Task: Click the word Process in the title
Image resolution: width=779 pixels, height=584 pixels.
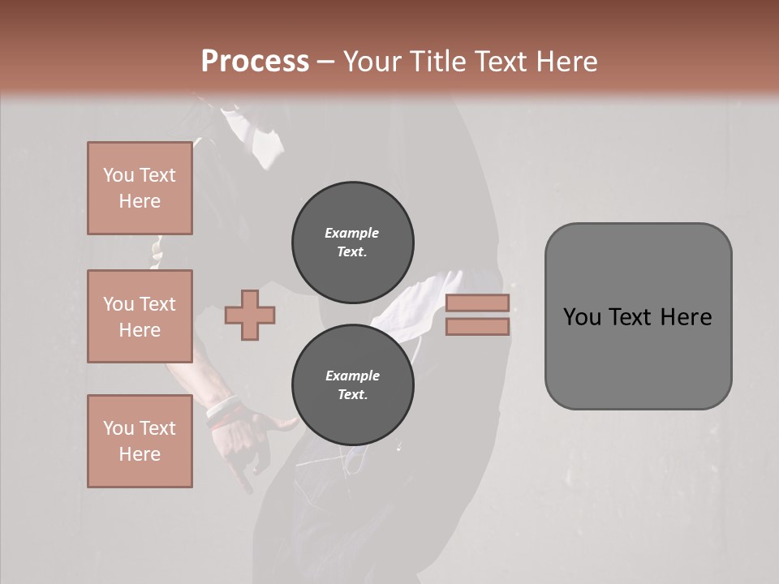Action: (x=255, y=62)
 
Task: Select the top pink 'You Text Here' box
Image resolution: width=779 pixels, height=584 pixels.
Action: (x=140, y=188)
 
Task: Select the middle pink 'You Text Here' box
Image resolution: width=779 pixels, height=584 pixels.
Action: (x=140, y=316)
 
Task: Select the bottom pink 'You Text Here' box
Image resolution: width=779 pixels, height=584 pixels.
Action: (x=140, y=441)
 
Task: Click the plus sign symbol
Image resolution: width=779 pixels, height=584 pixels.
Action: (x=250, y=316)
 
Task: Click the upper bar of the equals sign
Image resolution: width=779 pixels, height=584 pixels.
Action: (x=477, y=303)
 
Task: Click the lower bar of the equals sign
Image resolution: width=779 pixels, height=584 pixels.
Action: (x=477, y=327)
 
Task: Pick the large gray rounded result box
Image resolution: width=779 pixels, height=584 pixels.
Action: (x=638, y=316)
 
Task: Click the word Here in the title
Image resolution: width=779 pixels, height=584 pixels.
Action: (x=566, y=62)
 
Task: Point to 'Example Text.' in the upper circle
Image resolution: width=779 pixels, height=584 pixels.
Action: (x=352, y=242)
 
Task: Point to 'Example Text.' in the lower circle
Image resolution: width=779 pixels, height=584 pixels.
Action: (x=352, y=384)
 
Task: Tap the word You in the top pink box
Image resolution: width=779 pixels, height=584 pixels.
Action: (x=118, y=175)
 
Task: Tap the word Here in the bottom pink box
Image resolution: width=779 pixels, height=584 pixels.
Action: (x=140, y=454)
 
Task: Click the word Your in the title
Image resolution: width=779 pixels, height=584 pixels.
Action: (x=372, y=62)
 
